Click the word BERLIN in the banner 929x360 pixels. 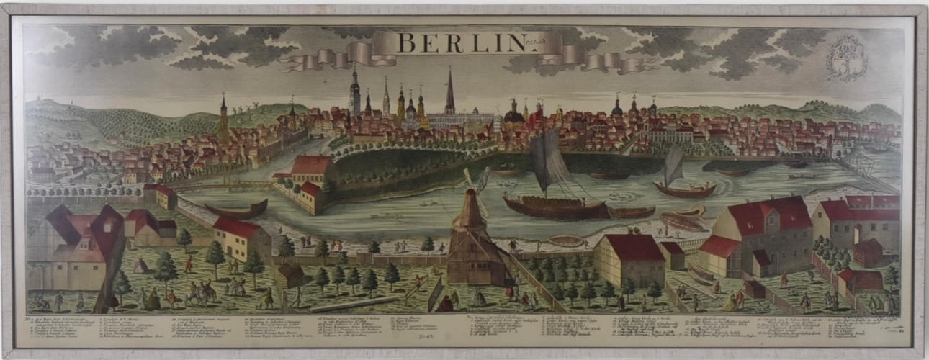pyautogui.click(x=462, y=42)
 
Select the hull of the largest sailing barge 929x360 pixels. pyautogui.click(x=555, y=207)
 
